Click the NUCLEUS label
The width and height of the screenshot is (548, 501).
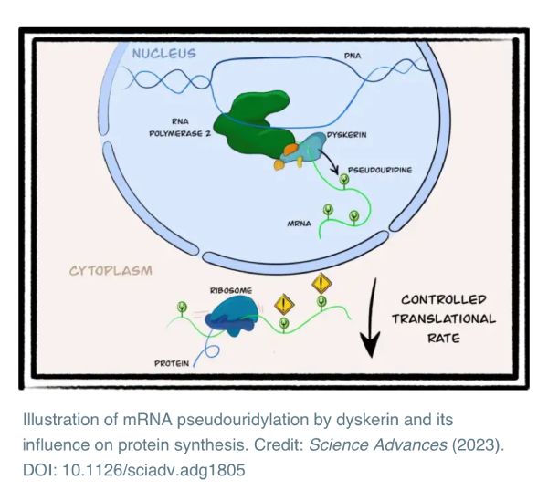click(163, 53)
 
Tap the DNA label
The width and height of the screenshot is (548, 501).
click(353, 57)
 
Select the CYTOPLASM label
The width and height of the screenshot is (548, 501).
click(110, 270)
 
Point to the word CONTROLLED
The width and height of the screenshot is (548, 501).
click(444, 299)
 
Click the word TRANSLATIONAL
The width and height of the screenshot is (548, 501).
click(444, 318)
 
